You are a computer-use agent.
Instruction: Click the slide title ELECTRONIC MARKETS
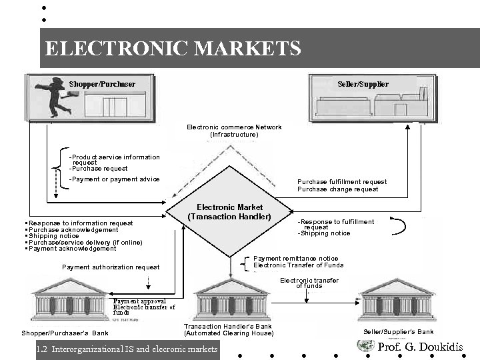[x=173, y=49]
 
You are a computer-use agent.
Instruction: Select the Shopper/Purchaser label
[x=102, y=84]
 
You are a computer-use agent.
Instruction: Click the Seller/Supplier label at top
[x=363, y=84]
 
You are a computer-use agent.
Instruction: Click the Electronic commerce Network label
[x=234, y=127]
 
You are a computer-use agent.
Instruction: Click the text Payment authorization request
[x=111, y=267]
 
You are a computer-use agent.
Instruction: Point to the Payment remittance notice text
[x=296, y=259]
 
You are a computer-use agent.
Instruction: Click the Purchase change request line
[x=337, y=189]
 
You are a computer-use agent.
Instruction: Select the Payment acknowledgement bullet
[x=72, y=249]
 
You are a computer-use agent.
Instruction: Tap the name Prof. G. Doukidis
[x=420, y=347]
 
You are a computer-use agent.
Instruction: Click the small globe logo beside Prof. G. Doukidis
[x=365, y=345]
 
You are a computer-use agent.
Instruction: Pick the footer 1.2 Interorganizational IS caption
[x=129, y=349]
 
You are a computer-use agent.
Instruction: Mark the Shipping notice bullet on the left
[x=53, y=236]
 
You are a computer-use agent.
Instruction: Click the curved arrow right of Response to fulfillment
[x=398, y=226]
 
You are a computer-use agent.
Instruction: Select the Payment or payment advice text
[x=115, y=179]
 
